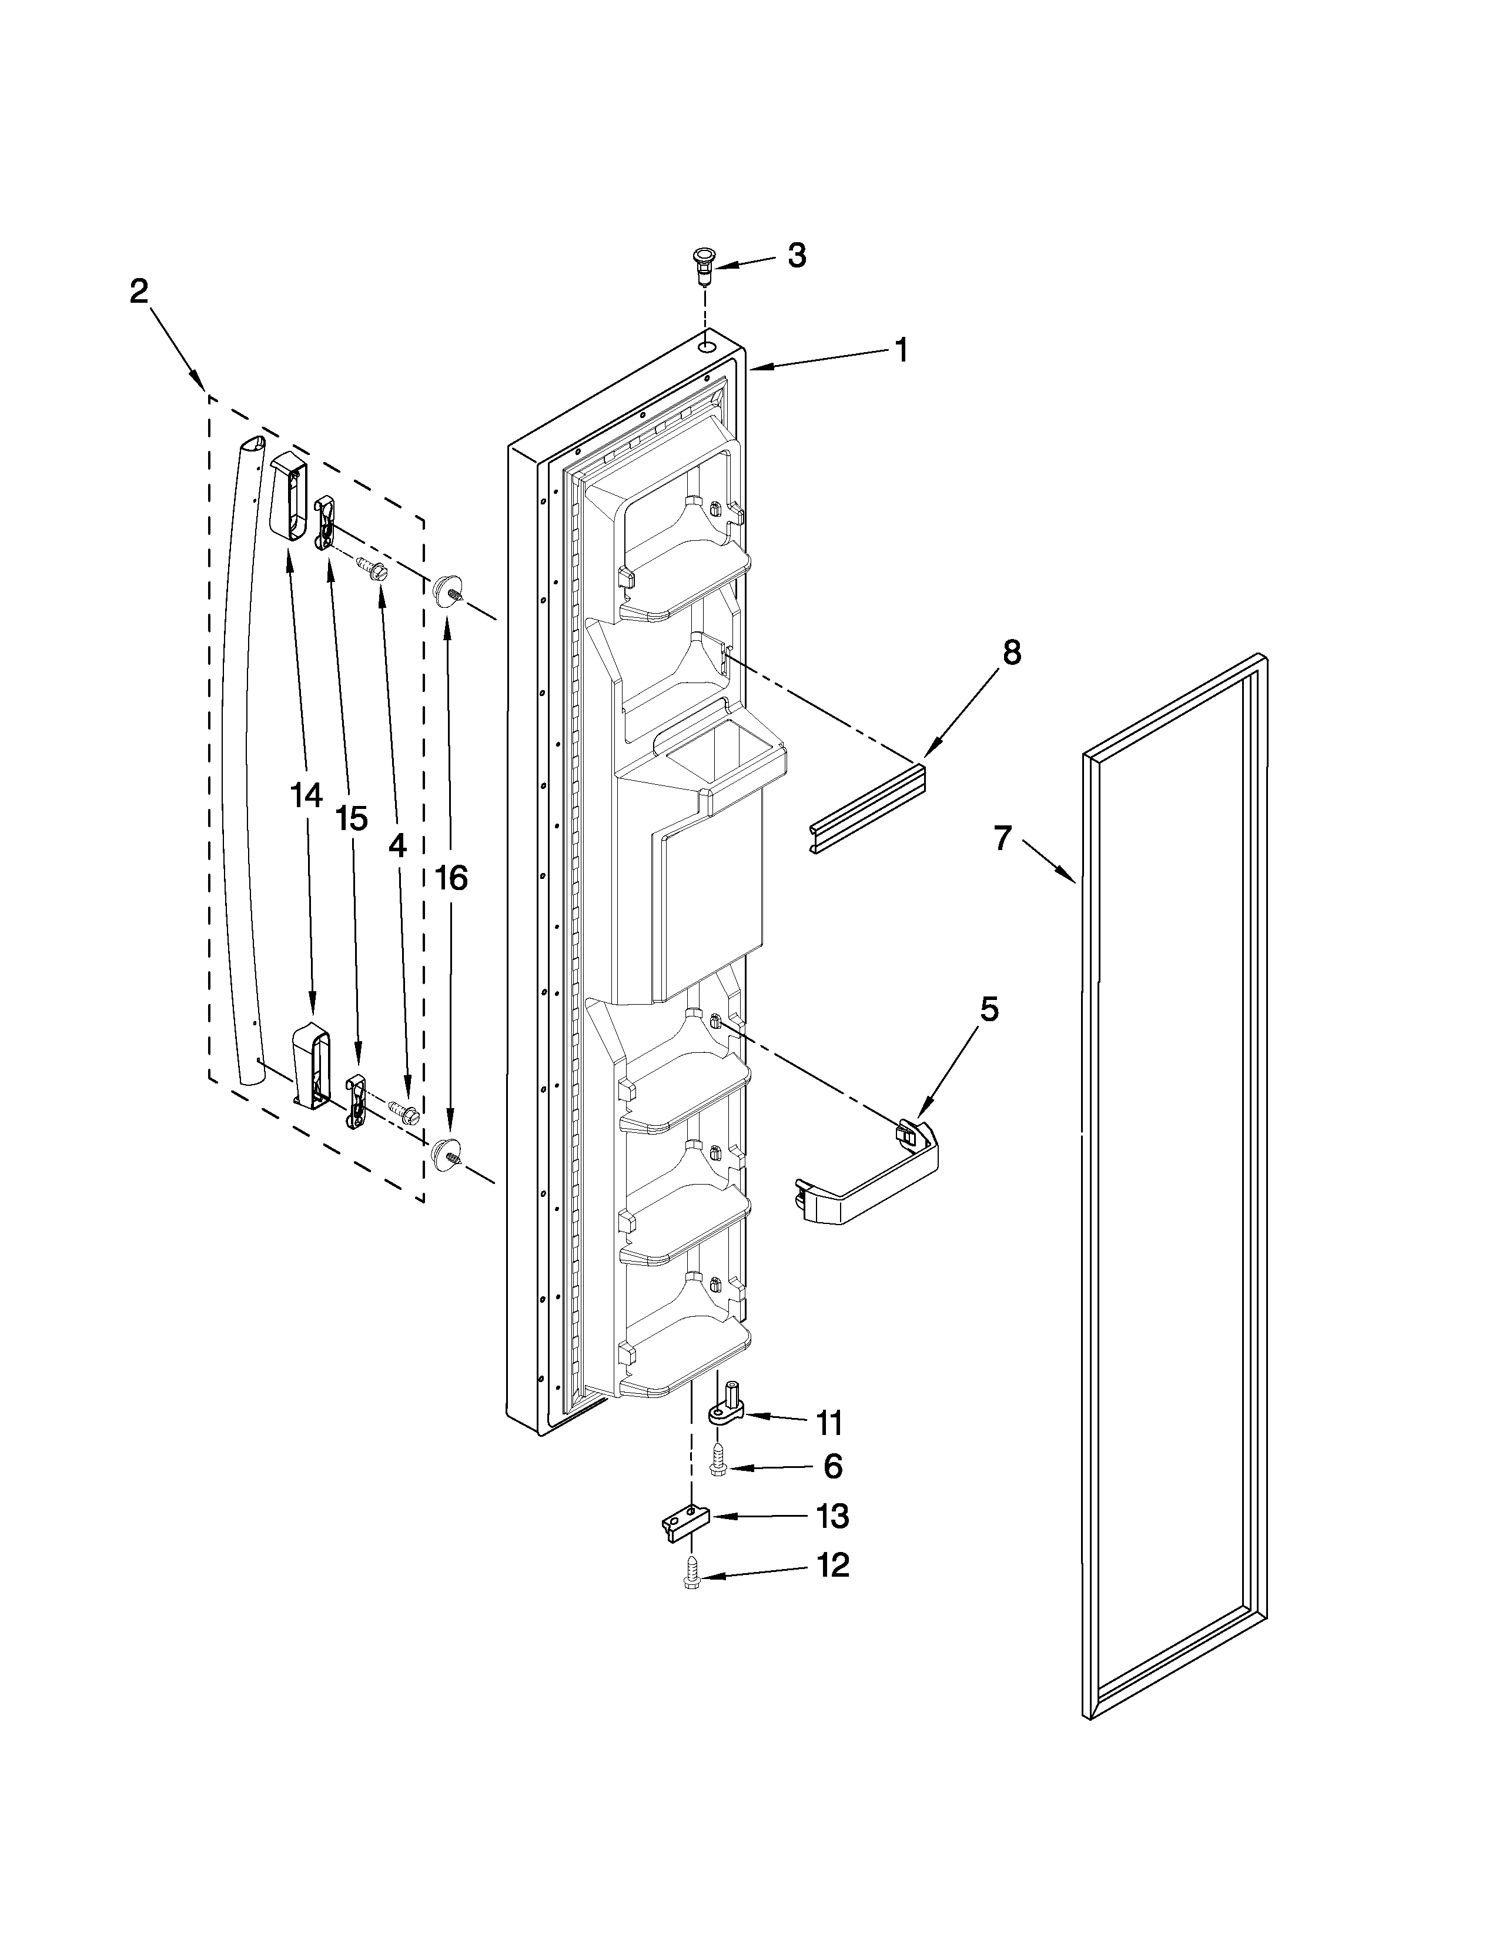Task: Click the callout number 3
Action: coord(797,256)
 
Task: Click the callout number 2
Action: coord(139,292)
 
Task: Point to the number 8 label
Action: coord(1012,653)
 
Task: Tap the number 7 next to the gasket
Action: coord(1003,838)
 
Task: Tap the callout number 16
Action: coord(451,878)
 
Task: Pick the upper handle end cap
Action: coord(287,496)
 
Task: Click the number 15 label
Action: coord(352,819)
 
